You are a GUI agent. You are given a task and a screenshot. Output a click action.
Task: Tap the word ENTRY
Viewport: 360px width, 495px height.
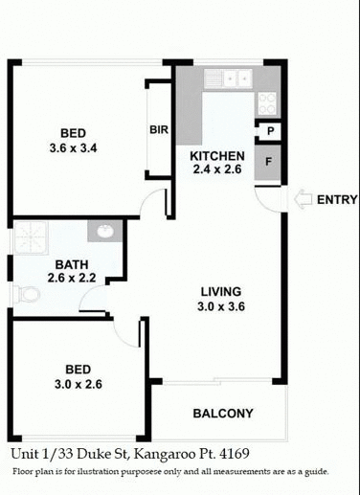click(x=336, y=200)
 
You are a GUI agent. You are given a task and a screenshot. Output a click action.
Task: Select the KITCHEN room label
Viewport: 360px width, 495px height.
click(x=217, y=156)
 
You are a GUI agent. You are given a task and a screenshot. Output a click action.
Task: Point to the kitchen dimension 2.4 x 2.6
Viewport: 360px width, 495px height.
click(x=217, y=170)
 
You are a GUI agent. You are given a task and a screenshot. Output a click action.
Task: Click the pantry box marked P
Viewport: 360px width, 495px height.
click(x=271, y=132)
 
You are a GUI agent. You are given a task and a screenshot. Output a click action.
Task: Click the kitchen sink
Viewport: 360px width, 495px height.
click(x=230, y=79)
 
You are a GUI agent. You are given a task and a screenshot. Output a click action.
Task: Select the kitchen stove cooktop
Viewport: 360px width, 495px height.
click(x=265, y=101)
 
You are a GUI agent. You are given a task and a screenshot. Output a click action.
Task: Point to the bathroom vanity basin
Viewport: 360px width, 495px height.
click(x=101, y=231)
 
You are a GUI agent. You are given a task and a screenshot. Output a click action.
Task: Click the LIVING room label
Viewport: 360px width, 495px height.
click(x=220, y=292)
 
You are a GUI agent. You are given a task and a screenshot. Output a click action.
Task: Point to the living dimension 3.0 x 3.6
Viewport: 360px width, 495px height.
click(x=220, y=306)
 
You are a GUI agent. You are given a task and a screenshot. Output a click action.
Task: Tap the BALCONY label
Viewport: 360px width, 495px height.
click(x=223, y=414)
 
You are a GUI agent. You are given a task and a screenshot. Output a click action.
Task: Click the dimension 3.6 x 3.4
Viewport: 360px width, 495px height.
click(x=73, y=148)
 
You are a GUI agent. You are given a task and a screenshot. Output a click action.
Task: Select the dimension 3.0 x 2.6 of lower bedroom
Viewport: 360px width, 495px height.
click(x=77, y=384)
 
